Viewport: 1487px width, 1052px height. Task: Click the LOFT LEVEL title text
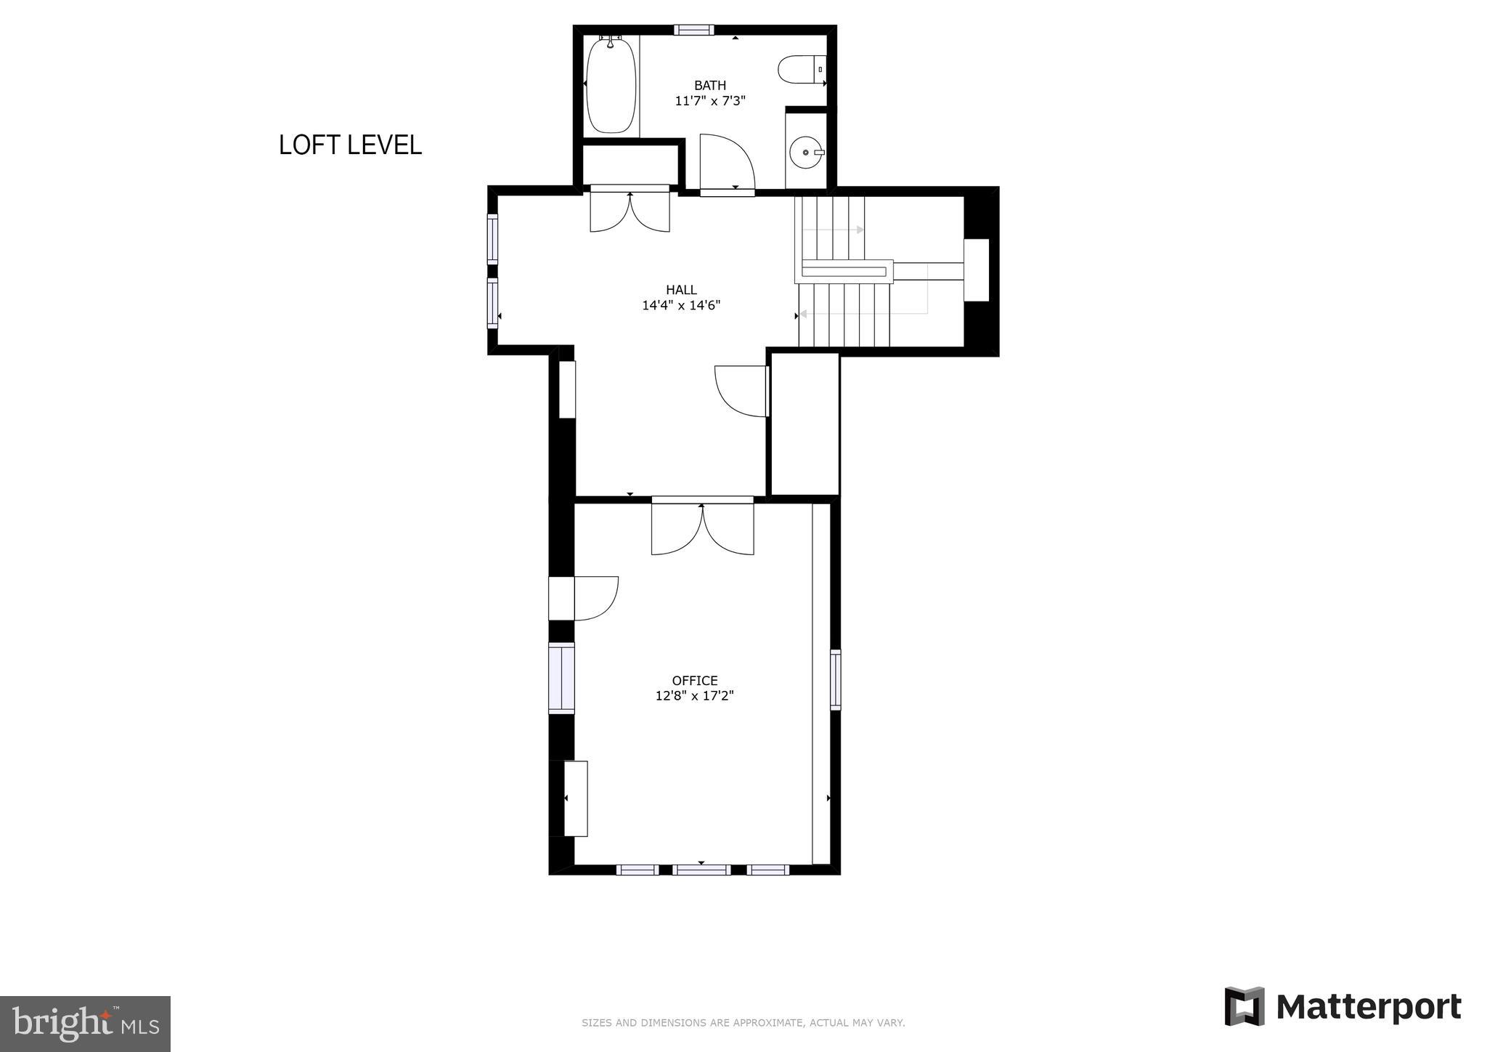pos(350,145)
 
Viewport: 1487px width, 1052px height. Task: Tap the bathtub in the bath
pos(611,86)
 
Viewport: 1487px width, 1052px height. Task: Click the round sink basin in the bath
pos(806,153)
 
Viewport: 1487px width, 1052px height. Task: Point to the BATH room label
pos(709,86)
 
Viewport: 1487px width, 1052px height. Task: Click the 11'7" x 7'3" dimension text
pos(709,101)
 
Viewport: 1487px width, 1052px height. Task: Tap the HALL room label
pos(681,290)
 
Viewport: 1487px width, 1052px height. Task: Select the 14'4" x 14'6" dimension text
pos(681,305)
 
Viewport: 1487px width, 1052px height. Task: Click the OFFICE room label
pos(695,681)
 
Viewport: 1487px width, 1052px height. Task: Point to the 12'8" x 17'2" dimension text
pos(695,696)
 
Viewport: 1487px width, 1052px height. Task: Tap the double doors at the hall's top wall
pos(630,211)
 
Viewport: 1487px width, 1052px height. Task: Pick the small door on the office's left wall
pos(594,598)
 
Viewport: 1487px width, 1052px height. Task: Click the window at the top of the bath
pos(693,30)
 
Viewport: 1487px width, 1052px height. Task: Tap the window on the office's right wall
pos(835,679)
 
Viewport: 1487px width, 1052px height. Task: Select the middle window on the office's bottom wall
pos(701,870)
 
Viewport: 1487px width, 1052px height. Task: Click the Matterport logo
pos(1343,1007)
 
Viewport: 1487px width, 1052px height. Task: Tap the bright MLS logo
pos(85,1024)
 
